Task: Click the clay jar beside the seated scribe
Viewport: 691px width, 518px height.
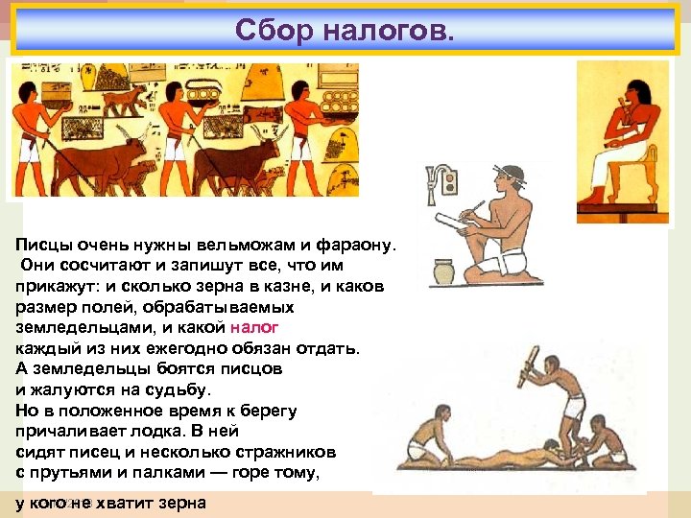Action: pos(443,272)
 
